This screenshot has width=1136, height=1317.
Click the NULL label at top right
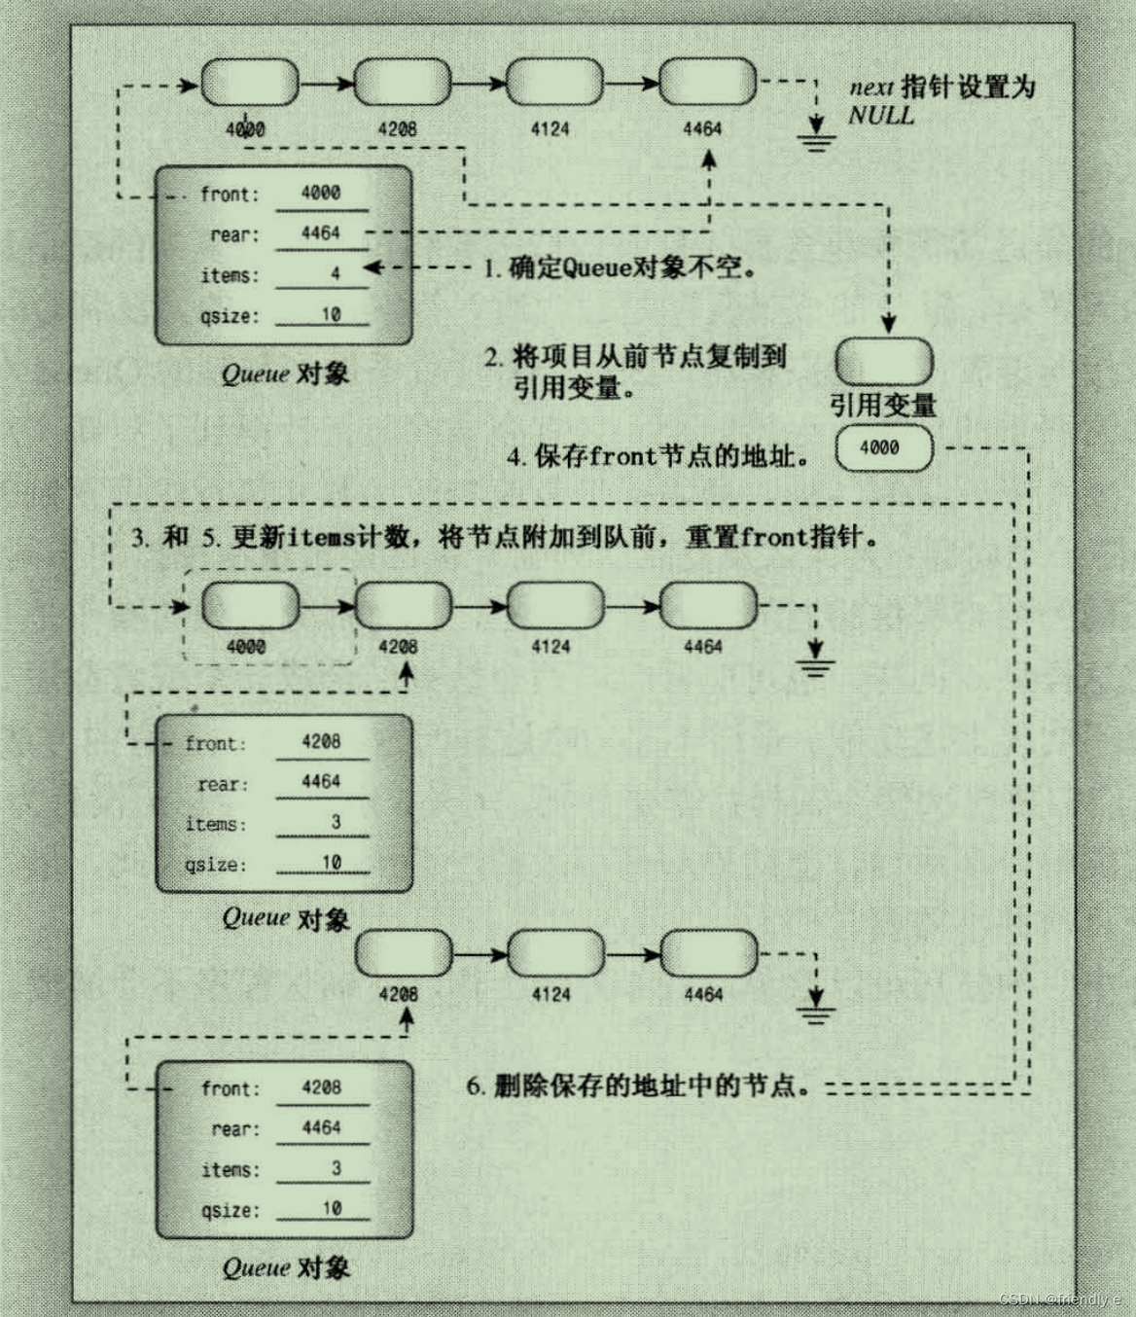pyautogui.click(x=880, y=115)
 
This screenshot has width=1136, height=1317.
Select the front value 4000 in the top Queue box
pyautogui.click(x=321, y=193)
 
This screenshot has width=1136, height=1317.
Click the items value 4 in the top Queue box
pyautogui.click(x=335, y=274)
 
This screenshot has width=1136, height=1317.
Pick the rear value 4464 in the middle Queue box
pyautogui.click(x=321, y=781)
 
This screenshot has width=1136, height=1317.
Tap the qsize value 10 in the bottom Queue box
pyautogui.click(x=332, y=1208)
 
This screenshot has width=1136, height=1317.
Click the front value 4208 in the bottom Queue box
pyautogui.click(x=321, y=1087)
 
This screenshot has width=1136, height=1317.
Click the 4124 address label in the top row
pyautogui.click(x=550, y=128)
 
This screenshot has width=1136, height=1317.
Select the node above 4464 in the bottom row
pyautogui.click(x=708, y=953)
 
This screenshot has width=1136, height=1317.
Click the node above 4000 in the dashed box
pyautogui.click(x=250, y=605)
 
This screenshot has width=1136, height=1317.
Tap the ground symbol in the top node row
pyautogui.click(x=816, y=142)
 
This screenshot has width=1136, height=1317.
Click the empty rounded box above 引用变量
pyautogui.click(x=884, y=362)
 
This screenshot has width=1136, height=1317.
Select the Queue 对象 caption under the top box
pyautogui.click(x=285, y=374)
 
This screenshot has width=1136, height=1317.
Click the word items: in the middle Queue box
pyautogui.click(x=216, y=824)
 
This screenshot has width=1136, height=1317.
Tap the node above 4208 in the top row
pyautogui.click(x=402, y=82)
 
